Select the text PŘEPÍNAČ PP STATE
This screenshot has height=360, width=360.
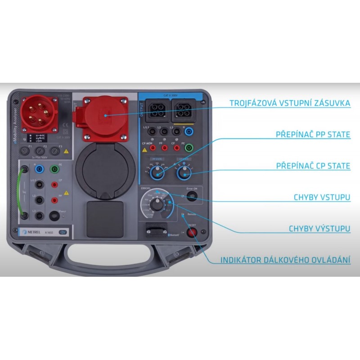[x=313, y=134]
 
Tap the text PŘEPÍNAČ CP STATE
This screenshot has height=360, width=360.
[x=313, y=166]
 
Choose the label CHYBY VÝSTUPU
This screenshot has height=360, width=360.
[x=319, y=229]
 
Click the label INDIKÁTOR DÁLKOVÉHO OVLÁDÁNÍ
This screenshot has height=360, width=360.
[x=285, y=261]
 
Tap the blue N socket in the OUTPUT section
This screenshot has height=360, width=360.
[x=189, y=132]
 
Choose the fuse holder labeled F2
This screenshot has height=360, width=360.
[x=41, y=151]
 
